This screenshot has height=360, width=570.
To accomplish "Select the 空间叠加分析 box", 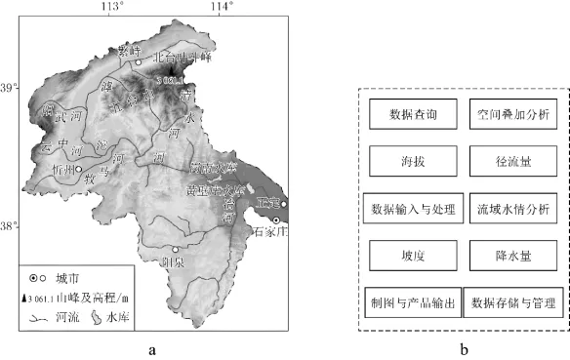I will [x=512, y=115].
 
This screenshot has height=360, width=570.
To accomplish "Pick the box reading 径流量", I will [x=512, y=161].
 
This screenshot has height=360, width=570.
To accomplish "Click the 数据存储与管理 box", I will [x=512, y=301].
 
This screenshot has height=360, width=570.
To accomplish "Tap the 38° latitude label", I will [x=9, y=226].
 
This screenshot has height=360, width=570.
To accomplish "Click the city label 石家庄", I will [x=271, y=232].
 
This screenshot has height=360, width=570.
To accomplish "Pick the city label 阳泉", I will [x=173, y=261].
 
